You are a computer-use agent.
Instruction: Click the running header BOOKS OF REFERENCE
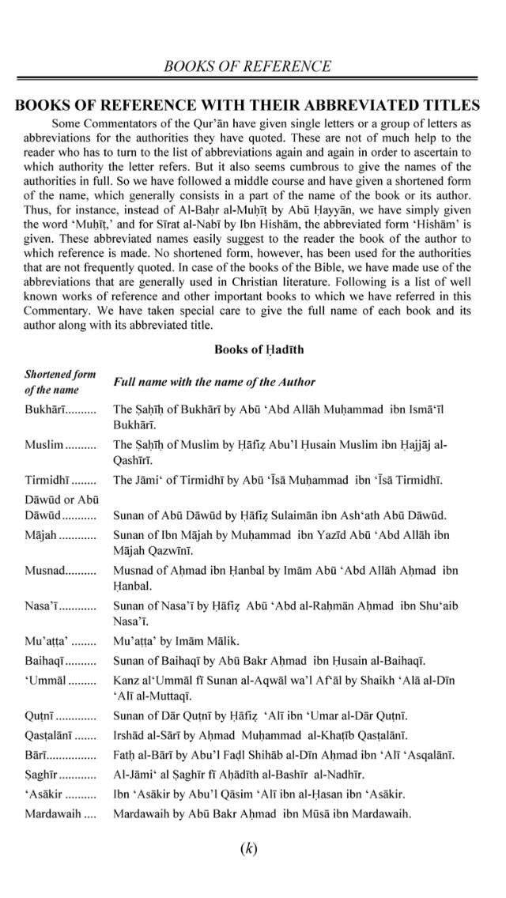point(247,66)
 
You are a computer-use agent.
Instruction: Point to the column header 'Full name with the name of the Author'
point(214,382)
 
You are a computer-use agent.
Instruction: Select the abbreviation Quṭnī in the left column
point(40,716)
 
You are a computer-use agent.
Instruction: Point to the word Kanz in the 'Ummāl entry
point(126,680)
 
